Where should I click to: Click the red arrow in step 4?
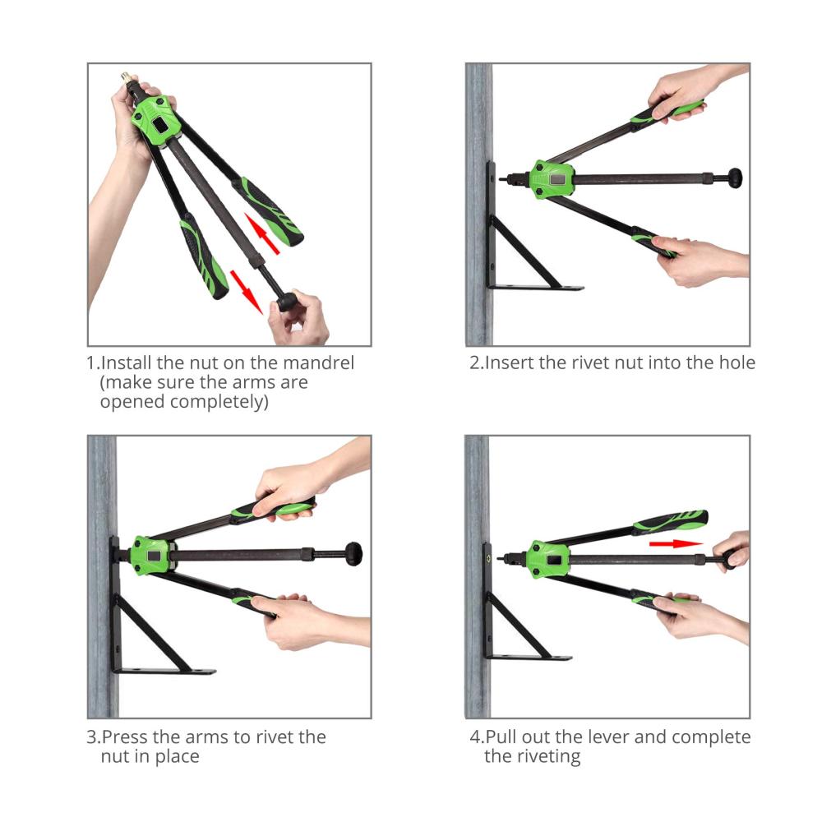pyautogui.click(x=676, y=543)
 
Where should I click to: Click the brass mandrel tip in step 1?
pyautogui.click(x=127, y=78)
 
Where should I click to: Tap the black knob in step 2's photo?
pyautogui.click(x=734, y=178)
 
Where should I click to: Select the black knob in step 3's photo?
pyautogui.click(x=353, y=554)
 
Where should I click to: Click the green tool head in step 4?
pyautogui.click(x=547, y=559)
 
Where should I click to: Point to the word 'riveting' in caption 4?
pyautogui.click(x=547, y=757)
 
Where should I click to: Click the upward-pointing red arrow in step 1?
pyautogui.click(x=261, y=233)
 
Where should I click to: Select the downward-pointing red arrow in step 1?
pyautogui.click(x=247, y=292)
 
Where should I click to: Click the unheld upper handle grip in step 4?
pyautogui.click(x=671, y=521)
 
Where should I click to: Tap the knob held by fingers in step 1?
pyautogui.click(x=287, y=302)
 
